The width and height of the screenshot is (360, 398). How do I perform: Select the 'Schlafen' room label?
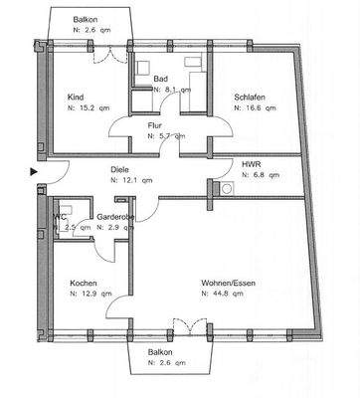point(250,97)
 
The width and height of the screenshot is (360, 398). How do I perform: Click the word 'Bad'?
point(160,78)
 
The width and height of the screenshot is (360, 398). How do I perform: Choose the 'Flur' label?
point(155,126)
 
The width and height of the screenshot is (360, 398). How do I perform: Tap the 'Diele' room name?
point(121,169)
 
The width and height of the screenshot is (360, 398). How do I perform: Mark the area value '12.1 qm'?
point(134,181)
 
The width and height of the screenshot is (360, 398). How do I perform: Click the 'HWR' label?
point(252,163)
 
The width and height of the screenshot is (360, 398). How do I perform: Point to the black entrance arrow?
point(35,171)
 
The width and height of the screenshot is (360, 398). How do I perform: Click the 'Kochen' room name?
point(84,283)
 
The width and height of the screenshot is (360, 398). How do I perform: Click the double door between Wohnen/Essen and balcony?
point(182,326)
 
